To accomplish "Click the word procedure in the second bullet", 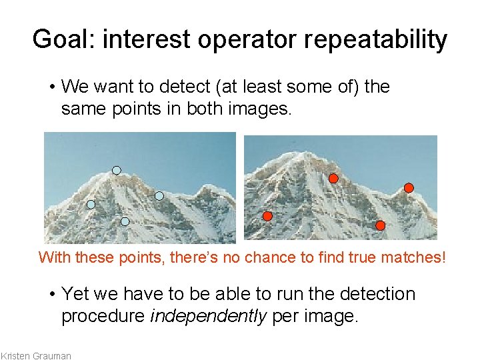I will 103,315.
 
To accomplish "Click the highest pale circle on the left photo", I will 117,171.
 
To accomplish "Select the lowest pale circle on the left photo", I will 125,221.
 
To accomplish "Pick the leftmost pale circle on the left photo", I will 91,205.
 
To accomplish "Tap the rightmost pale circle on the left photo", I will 159,196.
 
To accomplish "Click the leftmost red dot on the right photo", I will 267,216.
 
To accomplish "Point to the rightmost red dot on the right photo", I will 409,188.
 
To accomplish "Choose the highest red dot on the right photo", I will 333,178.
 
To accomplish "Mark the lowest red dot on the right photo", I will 380,225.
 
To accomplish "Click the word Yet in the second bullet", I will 74,295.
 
